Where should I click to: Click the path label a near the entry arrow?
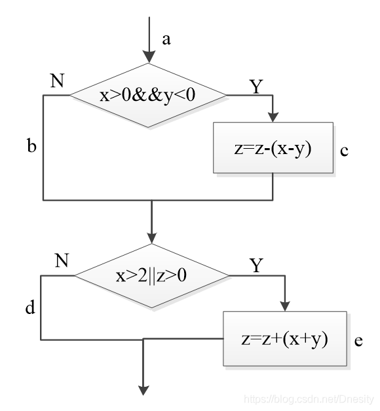[166, 40]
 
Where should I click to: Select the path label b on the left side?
[31, 145]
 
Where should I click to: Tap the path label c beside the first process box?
[345, 151]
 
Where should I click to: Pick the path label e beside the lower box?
[358, 341]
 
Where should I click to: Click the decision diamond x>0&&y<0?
[148, 96]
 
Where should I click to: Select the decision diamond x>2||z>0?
[152, 276]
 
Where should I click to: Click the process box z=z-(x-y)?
[273, 147]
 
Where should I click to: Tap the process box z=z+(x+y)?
[285, 339]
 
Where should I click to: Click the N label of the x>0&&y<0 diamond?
[58, 81]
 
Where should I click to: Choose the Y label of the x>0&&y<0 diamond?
[256, 87]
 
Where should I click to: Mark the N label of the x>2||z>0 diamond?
[62, 260]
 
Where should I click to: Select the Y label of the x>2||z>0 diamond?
[256, 265]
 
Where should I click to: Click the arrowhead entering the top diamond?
[149, 57]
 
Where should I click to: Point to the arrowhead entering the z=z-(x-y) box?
[273, 117]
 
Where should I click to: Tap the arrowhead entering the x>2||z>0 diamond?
[152, 238]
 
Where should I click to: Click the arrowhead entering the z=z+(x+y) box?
[285, 306]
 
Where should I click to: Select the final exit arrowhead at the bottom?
[143, 390]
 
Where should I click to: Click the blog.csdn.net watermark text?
[309, 399]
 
